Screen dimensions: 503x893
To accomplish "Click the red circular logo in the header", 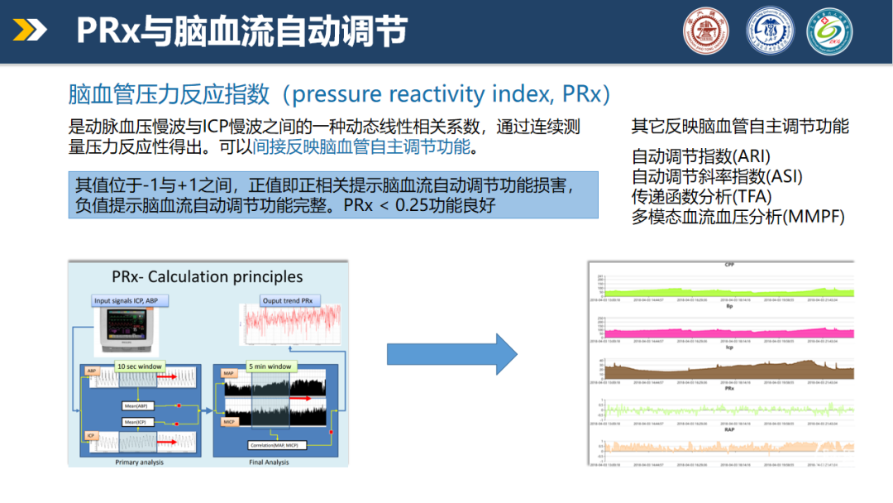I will pos(705,31).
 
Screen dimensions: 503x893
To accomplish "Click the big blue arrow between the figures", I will pos(451,354).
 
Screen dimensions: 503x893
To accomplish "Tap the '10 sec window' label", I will pos(139,366).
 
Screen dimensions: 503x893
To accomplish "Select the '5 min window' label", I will pos(269,366).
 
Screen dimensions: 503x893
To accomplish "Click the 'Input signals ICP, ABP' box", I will pos(127,300).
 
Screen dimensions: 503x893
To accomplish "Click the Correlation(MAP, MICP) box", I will pos(277,445).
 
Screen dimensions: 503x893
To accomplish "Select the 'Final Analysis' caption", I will pos(269,462).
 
